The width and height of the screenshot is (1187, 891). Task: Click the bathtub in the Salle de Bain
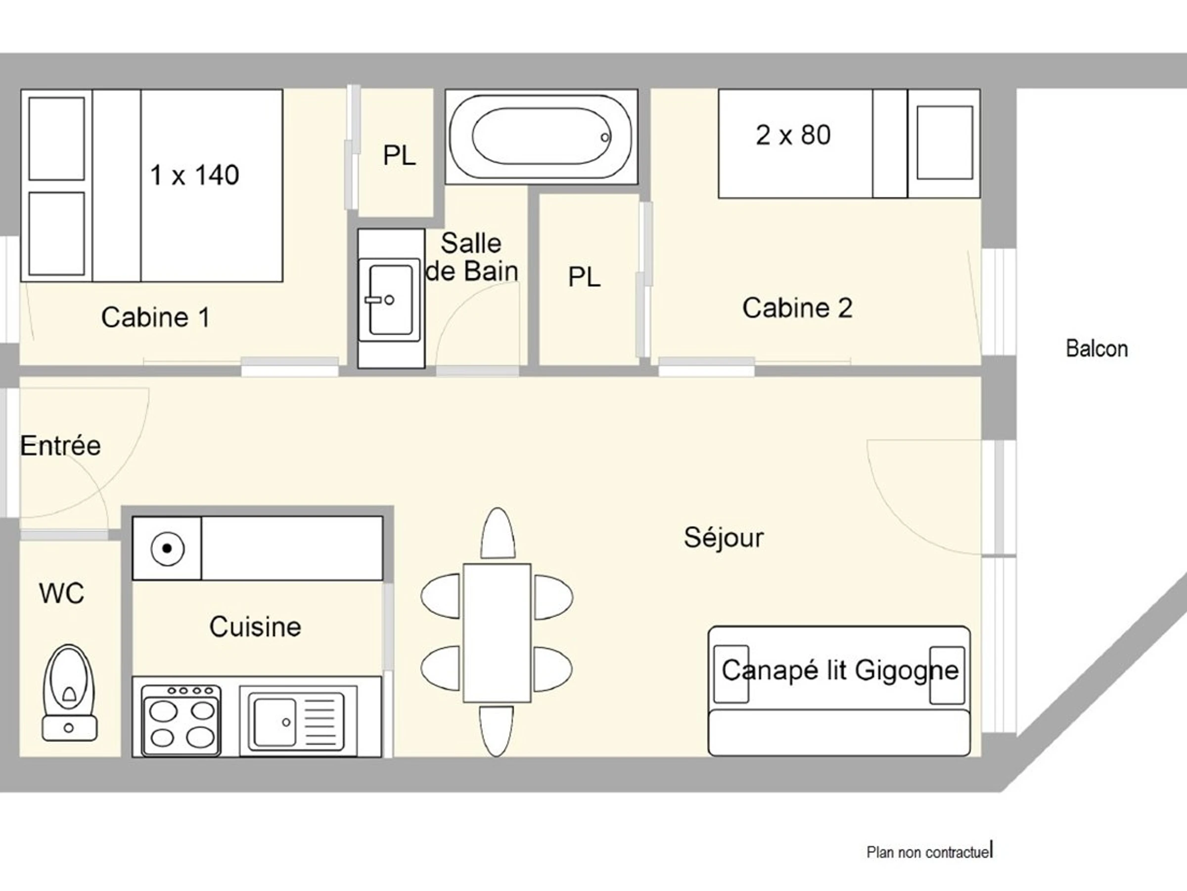(x=541, y=137)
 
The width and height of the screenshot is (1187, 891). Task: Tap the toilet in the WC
(x=70, y=693)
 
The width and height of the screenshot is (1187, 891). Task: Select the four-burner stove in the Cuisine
(x=181, y=721)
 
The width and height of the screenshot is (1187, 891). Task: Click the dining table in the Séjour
(x=497, y=633)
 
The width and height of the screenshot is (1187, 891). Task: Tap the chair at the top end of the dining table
(x=498, y=534)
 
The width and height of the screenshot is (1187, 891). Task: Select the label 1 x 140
(x=194, y=175)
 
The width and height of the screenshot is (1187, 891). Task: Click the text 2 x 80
(x=793, y=135)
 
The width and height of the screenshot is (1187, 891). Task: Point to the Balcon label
(x=1097, y=348)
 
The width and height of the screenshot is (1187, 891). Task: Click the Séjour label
(x=724, y=537)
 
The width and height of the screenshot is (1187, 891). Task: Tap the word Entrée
(x=61, y=445)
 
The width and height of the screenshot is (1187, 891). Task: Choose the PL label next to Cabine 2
(x=584, y=277)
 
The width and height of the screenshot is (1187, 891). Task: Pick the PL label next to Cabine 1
(x=399, y=156)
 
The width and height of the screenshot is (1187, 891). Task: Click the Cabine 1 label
(x=155, y=317)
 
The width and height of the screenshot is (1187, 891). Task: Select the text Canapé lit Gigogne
(x=840, y=670)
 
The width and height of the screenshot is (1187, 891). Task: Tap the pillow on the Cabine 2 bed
(x=945, y=143)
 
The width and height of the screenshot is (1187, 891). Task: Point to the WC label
(x=62, y=594)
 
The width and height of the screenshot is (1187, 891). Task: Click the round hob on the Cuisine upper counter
(x=168, y=548)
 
